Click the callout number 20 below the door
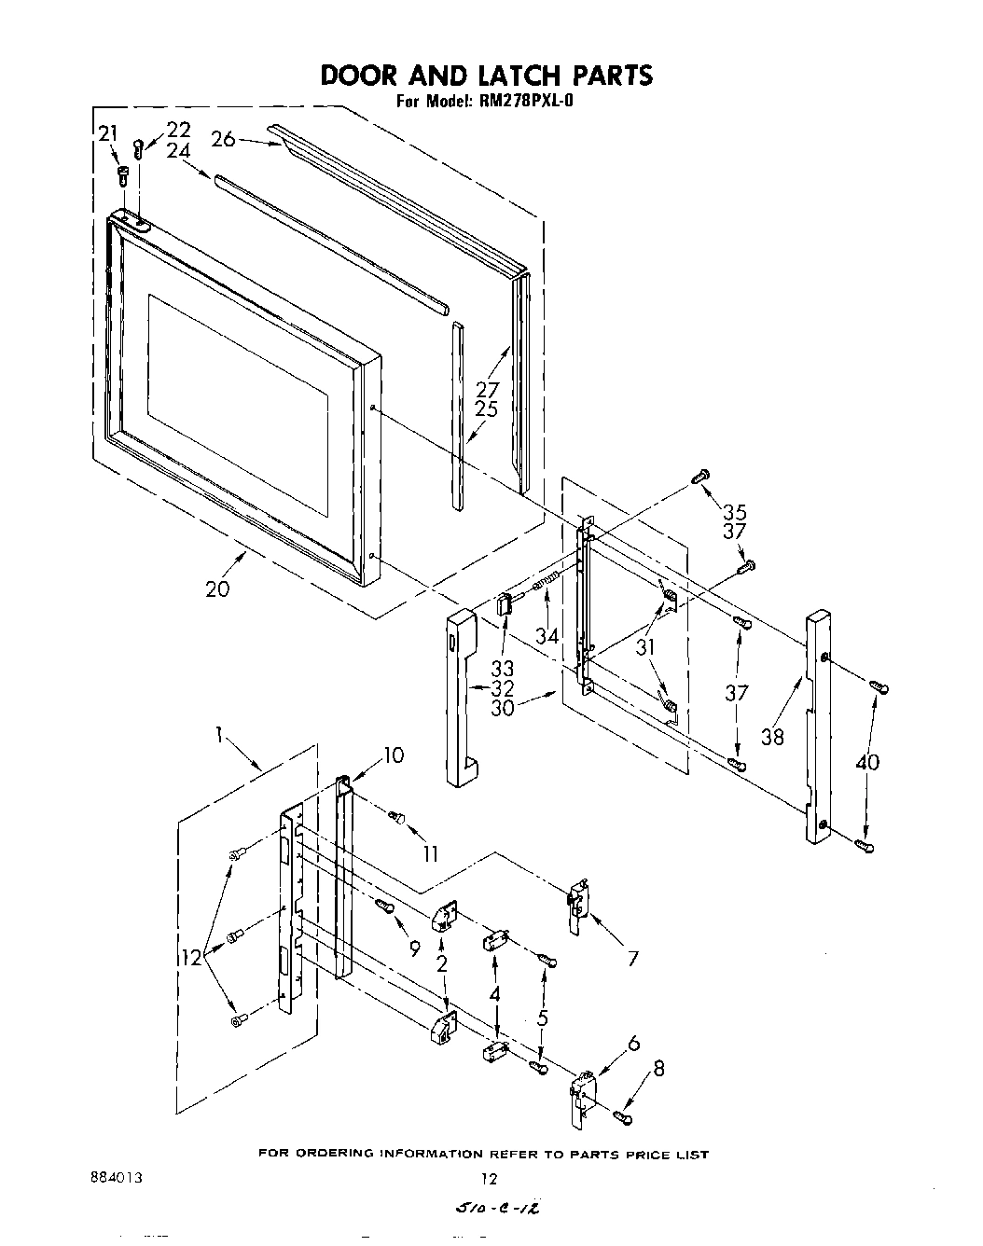tap(216, 589)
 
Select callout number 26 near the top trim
tap(223, 139)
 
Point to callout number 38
tap(772, 737)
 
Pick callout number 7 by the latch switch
tap(633, 957)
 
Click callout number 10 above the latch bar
tap(394, 755)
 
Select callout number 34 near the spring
tap(547, 636)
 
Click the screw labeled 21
tap(122, 174)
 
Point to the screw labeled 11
tap(397, 818)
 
